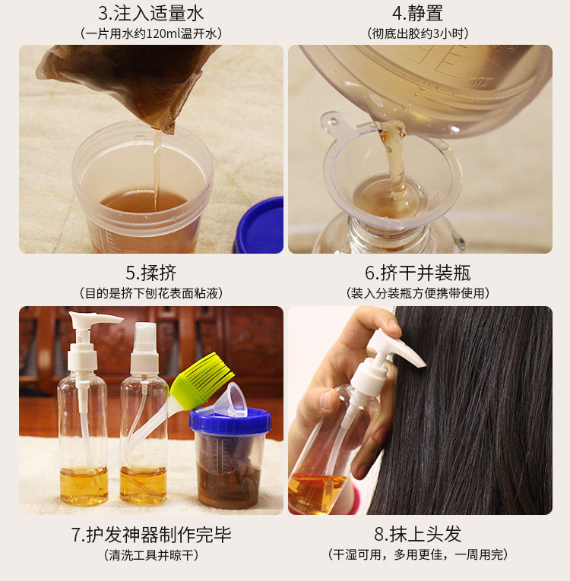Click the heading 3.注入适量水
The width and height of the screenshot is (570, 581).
click(x=151, y=14)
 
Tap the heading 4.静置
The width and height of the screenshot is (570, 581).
click(x=417, y=14)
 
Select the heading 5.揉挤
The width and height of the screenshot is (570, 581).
click(x=151, y=273)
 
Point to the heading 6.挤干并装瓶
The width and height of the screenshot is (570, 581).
click(x=417, y=273)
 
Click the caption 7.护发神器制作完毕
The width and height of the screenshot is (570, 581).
click(x=151, y=535)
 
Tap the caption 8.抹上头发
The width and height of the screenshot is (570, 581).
click(x=417, y=535)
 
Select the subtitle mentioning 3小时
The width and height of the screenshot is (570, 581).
click(x=417, y=34)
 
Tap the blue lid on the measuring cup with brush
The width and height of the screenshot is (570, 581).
click(x=230, y=421)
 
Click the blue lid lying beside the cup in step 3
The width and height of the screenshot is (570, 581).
click(x=260, y=226)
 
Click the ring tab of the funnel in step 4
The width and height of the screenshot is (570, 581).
click(x=333, y=121)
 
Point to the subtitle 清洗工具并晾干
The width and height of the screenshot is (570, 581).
click(x=151, y=555)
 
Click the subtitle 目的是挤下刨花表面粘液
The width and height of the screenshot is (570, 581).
click(x=151, y=293)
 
